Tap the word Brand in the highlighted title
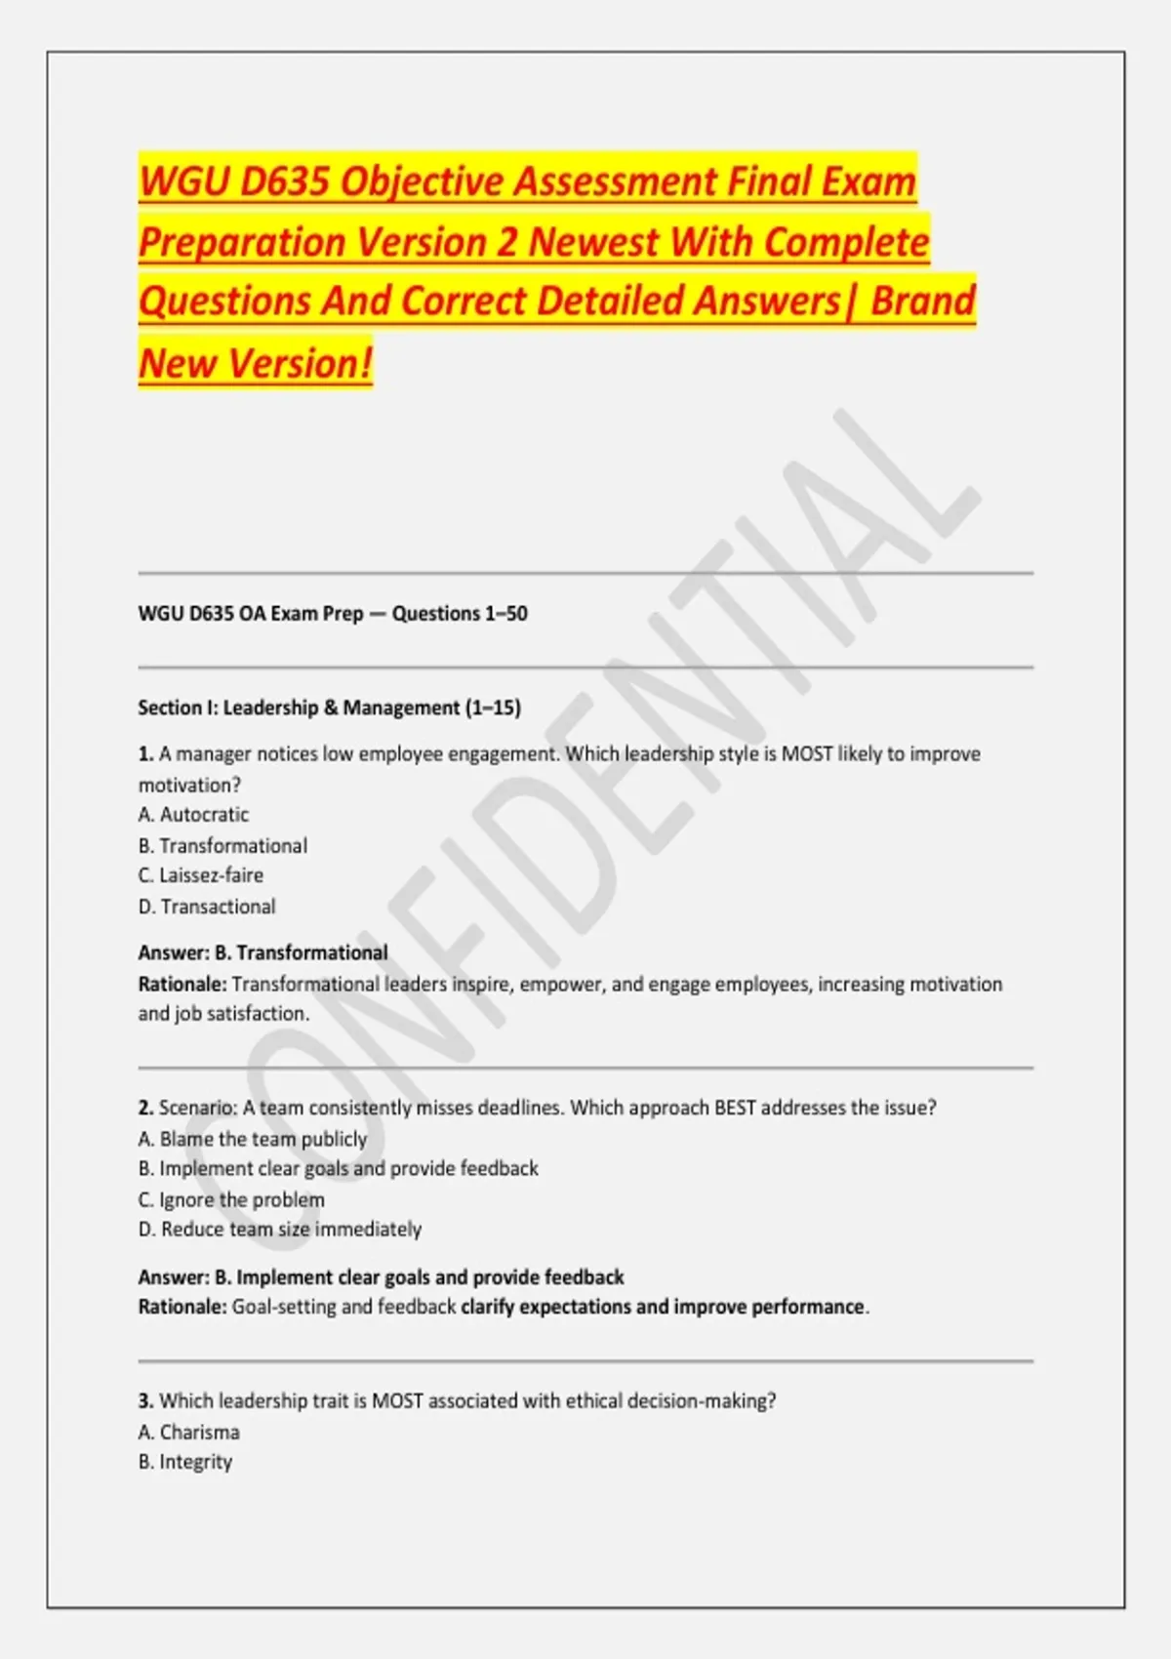[922, 301]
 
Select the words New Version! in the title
[256, 363]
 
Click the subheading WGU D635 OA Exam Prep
[250, 614]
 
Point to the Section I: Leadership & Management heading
[329, 708]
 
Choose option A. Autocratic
[193, 815]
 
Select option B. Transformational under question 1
[222, 846]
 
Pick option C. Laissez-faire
[201, 875]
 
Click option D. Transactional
[207, 907]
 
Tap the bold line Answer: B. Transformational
[262, 952]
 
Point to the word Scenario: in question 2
[198, 1108]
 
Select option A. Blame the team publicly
[253, 1139]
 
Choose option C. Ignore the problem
[231, 1199]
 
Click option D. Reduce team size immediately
[280, 1230]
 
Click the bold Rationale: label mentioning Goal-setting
[182, 1307]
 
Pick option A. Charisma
[189, 1433]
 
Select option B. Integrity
[185, 1462]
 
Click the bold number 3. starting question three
[146, 1401]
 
